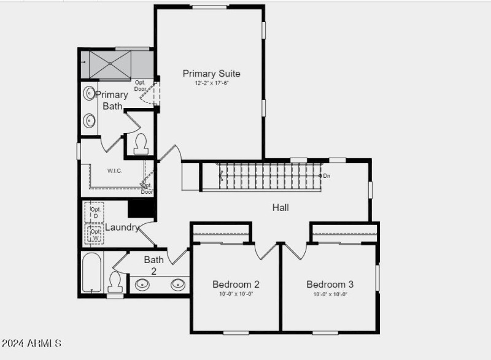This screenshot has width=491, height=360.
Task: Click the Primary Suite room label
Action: point(211,74)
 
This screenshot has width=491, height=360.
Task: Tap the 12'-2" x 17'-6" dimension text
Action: point(212,83)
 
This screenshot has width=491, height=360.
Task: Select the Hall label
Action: point(280,207)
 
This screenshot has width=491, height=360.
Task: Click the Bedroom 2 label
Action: point(236,284)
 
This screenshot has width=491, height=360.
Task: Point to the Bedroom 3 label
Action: point(330,284)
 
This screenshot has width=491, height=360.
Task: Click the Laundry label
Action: point(122,228)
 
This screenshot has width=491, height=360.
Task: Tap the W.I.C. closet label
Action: point(115,170)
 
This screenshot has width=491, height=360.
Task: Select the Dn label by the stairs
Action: point(327,176)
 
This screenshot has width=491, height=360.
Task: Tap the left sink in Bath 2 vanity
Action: point(142,284)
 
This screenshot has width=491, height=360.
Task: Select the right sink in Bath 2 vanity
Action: point(178,284)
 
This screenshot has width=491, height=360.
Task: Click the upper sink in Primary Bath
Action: point(90,94)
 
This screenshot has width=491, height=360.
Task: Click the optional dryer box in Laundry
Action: point(95,212)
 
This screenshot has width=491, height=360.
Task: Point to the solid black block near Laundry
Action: point(141,209)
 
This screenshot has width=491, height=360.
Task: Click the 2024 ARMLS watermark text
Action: point(31,343)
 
